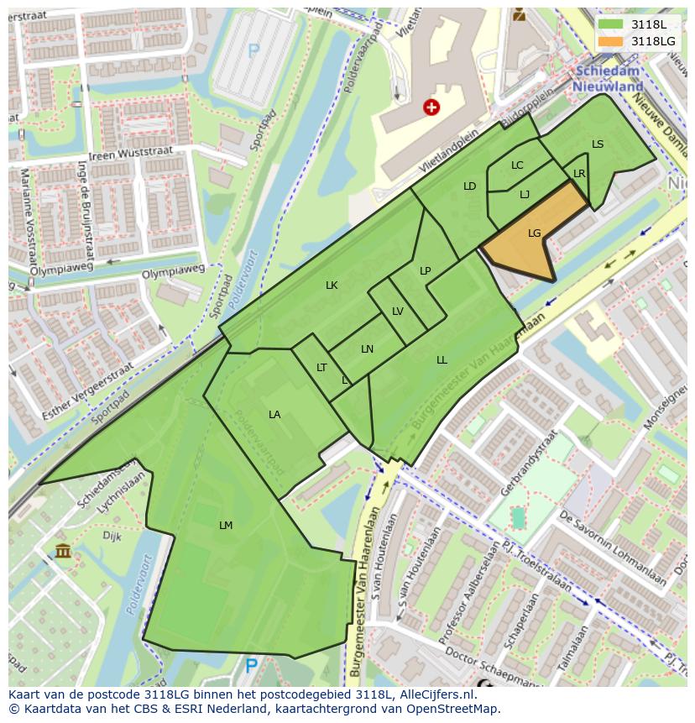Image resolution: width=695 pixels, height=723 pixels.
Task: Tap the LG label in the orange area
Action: [x=535, y=233]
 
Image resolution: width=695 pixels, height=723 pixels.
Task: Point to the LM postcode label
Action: [x=226, y=526]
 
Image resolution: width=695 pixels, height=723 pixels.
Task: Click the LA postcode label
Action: [x=274, y=415]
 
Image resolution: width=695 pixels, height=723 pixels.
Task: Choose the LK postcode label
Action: [x=332, y=286]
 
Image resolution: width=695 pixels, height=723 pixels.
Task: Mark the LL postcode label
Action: [x=442, y=360]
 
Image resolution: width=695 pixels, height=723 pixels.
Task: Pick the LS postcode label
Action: [x=598, y=144]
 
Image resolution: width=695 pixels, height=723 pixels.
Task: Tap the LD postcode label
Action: [x=470, y=186]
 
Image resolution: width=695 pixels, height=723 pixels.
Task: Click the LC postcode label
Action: [x=517, y=165]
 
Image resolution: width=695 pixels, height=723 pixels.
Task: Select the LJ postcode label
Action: [x=525, y=195]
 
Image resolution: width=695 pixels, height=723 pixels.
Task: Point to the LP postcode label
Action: [x=426, y=270]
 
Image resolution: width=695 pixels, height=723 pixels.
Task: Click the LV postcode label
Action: [x=398, y=312]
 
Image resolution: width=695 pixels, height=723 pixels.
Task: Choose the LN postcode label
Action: [x=367, y=349]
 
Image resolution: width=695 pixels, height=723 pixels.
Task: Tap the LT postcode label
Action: [x=321, y=368]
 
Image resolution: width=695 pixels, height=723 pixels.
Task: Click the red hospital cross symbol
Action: [x=431, y=107]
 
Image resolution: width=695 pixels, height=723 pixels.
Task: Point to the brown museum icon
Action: [x=63, y=551]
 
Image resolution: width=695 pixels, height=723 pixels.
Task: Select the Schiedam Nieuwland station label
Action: [x=608, y=80]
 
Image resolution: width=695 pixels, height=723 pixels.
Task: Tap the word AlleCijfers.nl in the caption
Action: [x=436, y=695]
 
